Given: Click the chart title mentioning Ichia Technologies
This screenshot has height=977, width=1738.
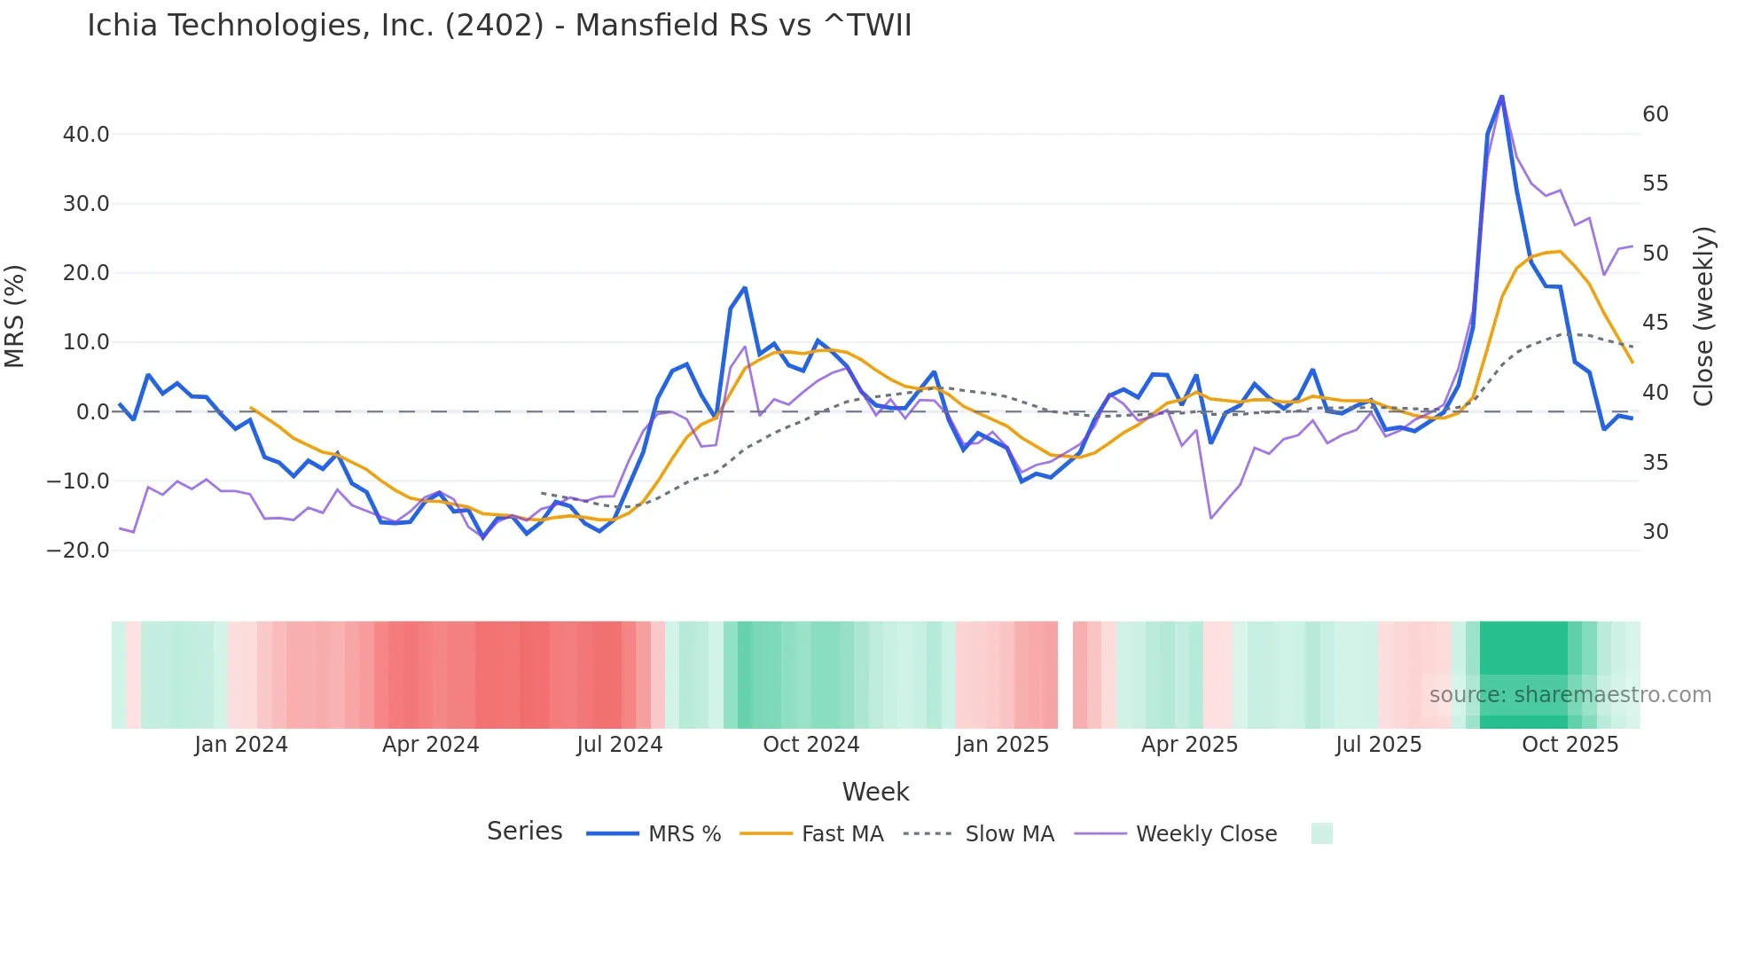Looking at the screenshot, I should point(499,26).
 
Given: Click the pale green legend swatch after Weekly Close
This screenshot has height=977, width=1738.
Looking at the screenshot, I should point(1321,834).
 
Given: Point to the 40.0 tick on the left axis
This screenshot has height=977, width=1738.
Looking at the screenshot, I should point(86,135).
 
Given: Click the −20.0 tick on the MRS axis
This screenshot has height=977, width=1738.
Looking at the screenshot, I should point(78,551).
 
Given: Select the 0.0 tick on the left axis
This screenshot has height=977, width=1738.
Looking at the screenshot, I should point(92,412).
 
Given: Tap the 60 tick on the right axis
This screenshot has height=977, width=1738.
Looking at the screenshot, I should point(1656,114).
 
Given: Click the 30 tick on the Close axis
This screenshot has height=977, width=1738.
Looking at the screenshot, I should point(1656,532).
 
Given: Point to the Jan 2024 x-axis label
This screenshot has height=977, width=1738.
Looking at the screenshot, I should point(241,745).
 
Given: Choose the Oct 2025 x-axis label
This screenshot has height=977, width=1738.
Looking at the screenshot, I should point(1570,745).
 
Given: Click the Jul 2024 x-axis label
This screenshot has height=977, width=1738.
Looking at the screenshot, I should point(619,745).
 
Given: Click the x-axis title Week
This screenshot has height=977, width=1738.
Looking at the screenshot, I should point(875,792).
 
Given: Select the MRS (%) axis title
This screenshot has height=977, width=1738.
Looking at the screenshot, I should point(15,317).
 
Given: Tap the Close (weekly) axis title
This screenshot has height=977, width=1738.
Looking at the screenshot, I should point(1703,317).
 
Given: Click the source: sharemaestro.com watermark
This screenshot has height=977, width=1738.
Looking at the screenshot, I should point(1570,695).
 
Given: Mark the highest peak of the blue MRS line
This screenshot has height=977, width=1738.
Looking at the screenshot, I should point(1501,97).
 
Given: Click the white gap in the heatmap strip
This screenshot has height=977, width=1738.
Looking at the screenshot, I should point(1065,675).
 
